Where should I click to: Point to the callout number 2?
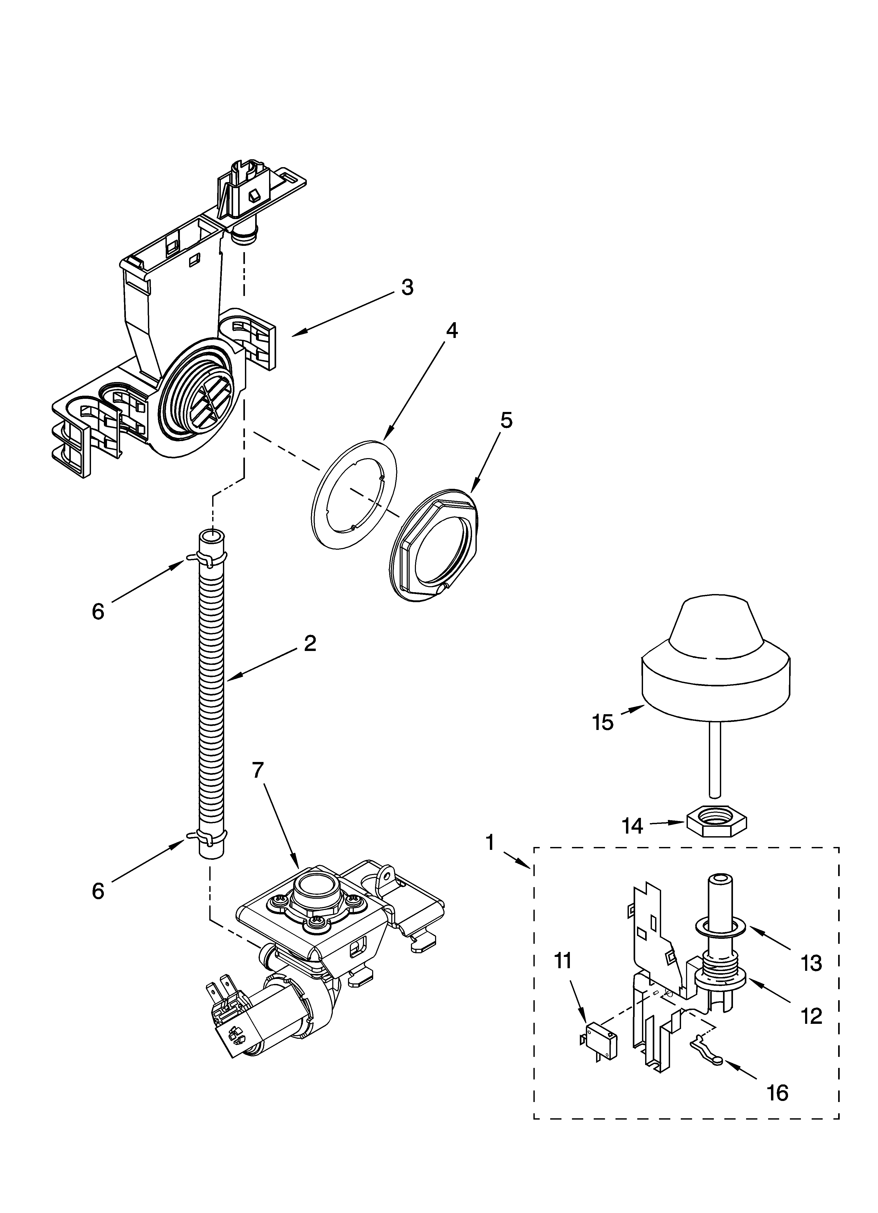[310, 643]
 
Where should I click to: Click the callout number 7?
[258, 770]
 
